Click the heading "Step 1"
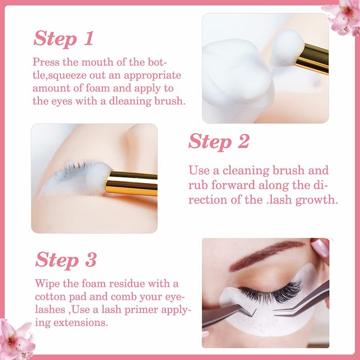pyautogui.click(x=63, y=39)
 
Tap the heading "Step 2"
pyautogui.click(x=219, y=141)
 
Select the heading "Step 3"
pyautogui.click(x=66, y=260)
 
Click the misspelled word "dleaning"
pyautogui.click(x=130, y=101)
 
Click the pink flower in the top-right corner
pyautogui.click(x=344, y=17)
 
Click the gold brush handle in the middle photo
pyautogui.click(x=132, y=184)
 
